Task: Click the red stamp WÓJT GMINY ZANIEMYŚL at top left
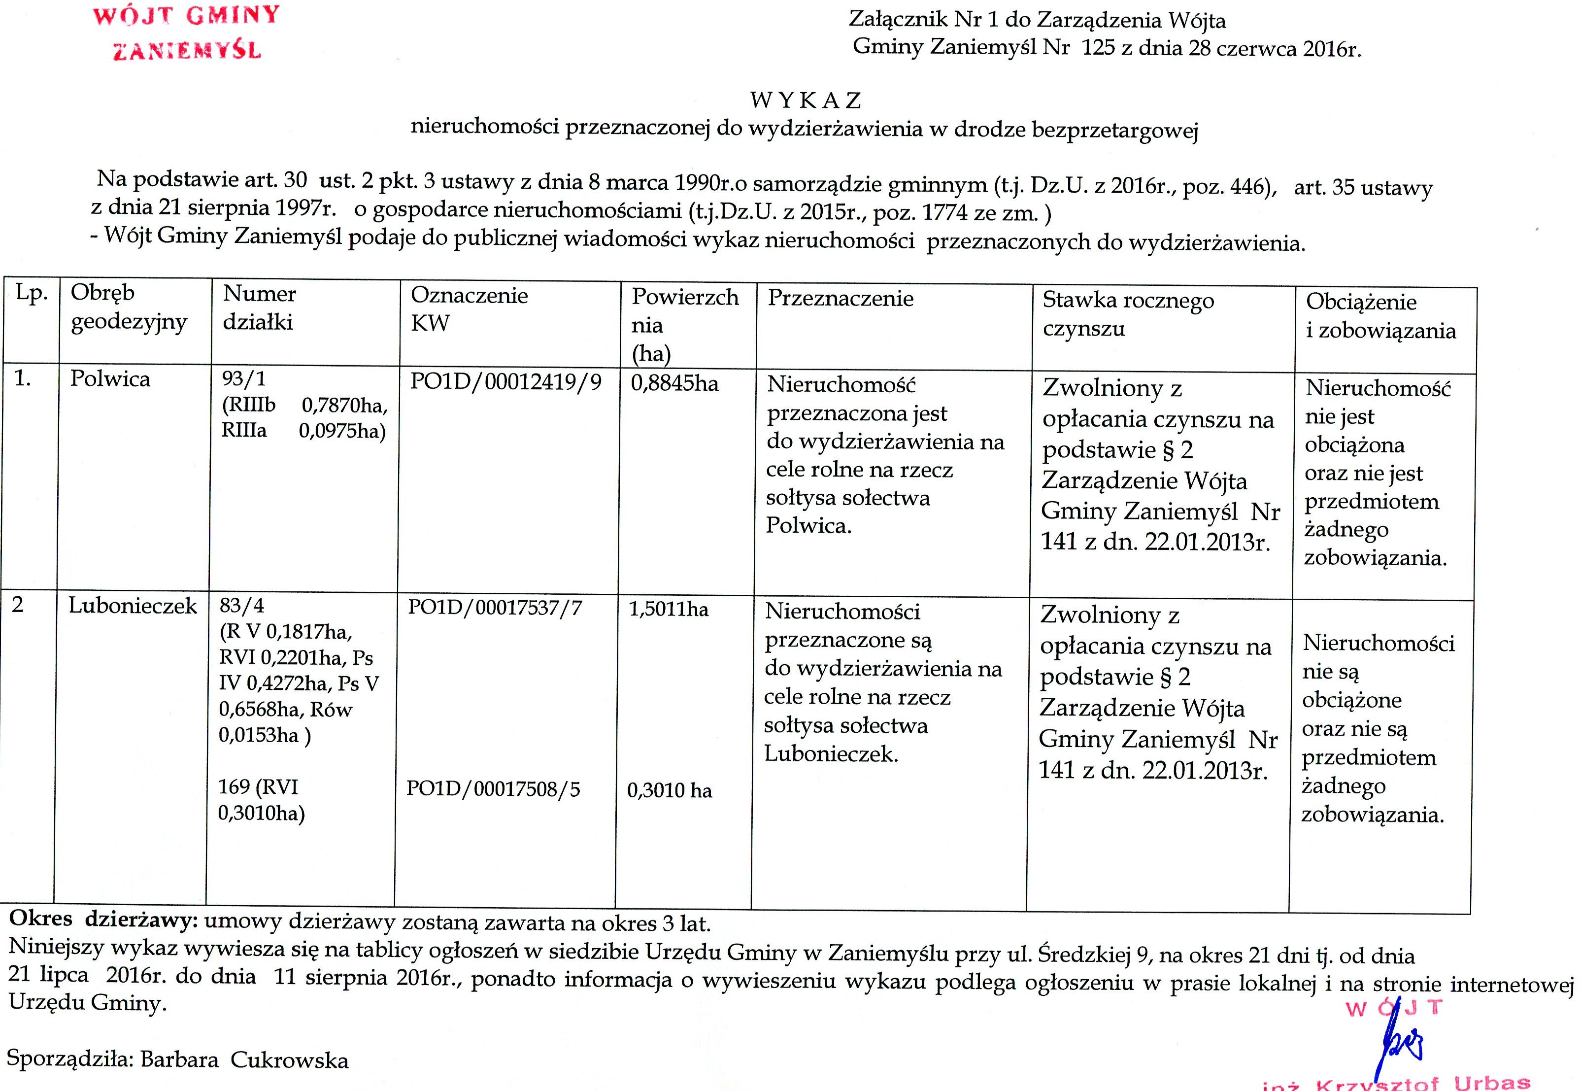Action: [x=186, y=33]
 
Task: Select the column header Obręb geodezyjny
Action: [x=129, y=307]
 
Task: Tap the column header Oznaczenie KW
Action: [x=469, y=309]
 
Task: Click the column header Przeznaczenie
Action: [x=840, y=298]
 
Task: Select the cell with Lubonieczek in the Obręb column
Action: [x=133, y=606]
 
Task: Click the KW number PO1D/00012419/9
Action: [x=506, y=381]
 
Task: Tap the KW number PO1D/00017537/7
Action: [x=495, y=607]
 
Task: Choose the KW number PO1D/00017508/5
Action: [x=493, y=789]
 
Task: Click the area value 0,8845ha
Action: [x=674, y=383]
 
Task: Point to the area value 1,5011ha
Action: [x=669, y=609]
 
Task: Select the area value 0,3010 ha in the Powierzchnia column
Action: [x=669, y=790]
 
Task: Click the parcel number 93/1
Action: [x=243, y=378]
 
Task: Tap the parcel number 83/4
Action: [x=241, y=606]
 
